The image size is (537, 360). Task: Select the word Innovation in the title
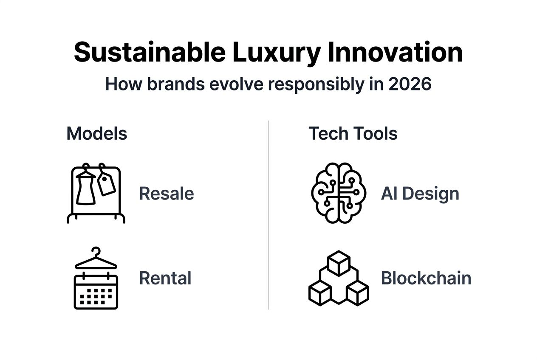click(x=395, y=53)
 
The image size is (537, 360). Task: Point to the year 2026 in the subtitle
click(x=410, y=84)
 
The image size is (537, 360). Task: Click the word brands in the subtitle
click(x=175, y=84)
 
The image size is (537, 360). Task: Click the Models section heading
click(x=97, y=134)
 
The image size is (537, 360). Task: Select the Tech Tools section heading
click(x=353, y=134)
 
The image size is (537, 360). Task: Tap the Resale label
click(x=167, y=194)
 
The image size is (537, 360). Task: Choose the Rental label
click(x=165, y=278)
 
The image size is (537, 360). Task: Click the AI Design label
click(x=420, y=194)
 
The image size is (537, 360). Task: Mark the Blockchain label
click(x=426, y=278)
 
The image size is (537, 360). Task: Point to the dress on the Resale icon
click(x=86, y=189)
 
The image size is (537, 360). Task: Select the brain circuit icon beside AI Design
click(x=338, y=193)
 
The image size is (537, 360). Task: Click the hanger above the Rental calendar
click(x=96, y=259)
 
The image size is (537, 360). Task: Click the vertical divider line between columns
click(x=268, y=215)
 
